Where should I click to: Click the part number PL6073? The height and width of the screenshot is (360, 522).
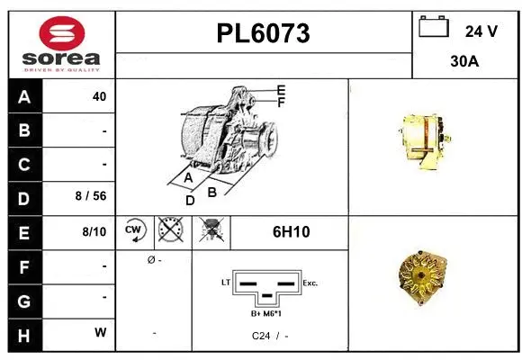(x=263, y=33)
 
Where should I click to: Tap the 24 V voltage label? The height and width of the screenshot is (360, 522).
(x=481, y=31)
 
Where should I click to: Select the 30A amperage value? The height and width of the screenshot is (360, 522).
(x=464, y=64)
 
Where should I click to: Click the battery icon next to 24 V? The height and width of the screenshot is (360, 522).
(x=434, y=29)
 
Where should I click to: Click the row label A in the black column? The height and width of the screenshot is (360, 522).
(x=23, y=96)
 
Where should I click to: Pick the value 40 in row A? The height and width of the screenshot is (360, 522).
(x=99, y=96)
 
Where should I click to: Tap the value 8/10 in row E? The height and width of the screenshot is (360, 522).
(x=94, y=231)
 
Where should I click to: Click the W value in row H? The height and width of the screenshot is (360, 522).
(x=101, y=332)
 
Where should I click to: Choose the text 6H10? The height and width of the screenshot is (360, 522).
(x=290, y=231)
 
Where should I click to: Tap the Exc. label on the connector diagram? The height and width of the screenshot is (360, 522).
(x=311, y=283)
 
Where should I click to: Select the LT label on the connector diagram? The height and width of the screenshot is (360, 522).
(x=226, y=283)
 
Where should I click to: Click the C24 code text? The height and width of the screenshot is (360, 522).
(x=260, y=335)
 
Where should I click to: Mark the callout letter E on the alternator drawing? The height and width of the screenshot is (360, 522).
(x=281, y=90)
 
